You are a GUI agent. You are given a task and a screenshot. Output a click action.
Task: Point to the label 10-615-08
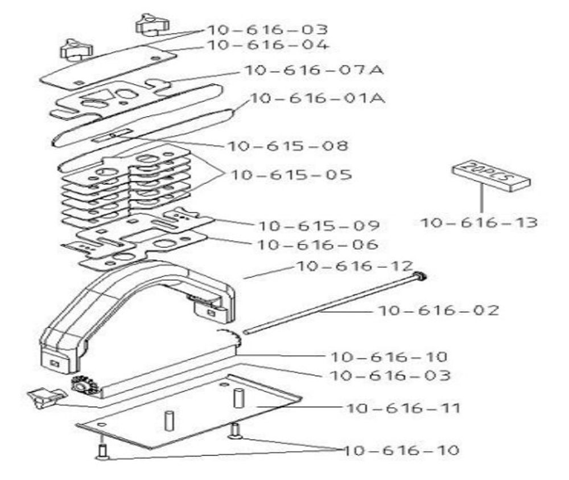tap(287, 146)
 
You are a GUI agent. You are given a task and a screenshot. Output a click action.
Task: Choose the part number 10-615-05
tap(291, 174)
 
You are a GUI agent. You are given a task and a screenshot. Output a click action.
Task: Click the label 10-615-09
tap(318, 226)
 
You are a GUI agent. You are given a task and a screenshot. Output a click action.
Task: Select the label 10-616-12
tap(353, 266)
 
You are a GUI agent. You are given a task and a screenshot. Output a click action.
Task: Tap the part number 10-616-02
tap(438, 311)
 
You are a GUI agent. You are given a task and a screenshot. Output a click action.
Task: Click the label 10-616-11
tap(403, 408)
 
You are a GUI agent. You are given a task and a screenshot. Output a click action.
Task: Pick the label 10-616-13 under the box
tap(479, 222)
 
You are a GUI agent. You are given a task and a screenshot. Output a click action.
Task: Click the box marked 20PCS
tap(490, 175)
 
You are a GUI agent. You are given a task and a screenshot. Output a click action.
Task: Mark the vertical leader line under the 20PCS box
tap(481, 202)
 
